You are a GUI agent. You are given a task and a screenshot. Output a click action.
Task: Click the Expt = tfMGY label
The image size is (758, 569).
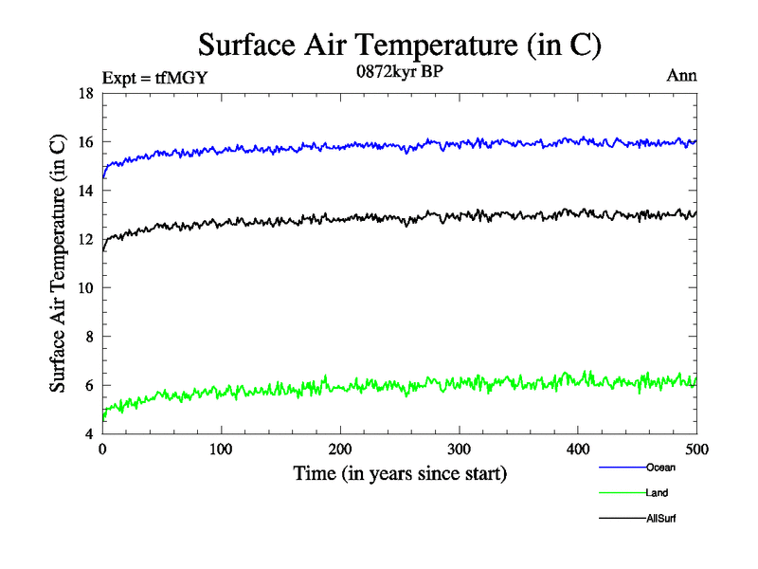pyautogui.click(x=153, y=78)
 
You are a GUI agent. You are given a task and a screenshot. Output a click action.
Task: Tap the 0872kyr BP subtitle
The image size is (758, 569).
pyautogui.click(x=400, y=71)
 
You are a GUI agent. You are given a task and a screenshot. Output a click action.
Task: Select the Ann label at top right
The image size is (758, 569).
pyautogui.click(x=682, y=76)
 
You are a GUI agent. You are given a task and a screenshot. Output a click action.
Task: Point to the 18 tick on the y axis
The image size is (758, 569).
pyautogui.click(x=85, y=94)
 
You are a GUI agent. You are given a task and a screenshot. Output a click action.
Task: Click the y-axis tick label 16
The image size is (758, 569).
pyautogui.click(x=85, y=142)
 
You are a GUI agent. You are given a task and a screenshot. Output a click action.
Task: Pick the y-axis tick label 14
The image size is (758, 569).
pyautogui.click(x=85, y=191)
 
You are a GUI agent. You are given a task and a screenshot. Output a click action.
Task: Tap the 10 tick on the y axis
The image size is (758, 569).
pyautogui.click(x=85, y=288)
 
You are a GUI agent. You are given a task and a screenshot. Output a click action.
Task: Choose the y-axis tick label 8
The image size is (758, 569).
pyautogui.click(x=89, y=337)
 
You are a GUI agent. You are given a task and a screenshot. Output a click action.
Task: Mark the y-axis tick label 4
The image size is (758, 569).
pyautogui.click(x=89, y=433)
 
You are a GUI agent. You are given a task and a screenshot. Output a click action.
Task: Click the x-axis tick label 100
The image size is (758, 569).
pyautogui.click(x=222, y=449)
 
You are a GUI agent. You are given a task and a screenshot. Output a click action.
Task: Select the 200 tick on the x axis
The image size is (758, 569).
pyautogui.click(x=341, y=449)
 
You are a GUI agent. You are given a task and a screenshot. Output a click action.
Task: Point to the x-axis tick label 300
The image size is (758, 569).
pyautogui.click(x=460, y=449)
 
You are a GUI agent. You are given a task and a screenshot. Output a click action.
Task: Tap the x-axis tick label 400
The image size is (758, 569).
pyautogui.click(x=579, y=449)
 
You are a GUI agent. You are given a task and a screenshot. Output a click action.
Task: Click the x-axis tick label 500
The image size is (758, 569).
pyautogui.click(x=696, y=449)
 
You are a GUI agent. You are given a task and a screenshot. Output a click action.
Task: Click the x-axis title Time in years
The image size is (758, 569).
pyautogui.click(x=400, y=473)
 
